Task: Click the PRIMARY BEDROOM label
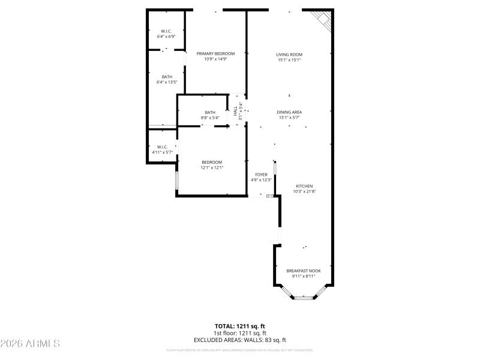[x=215, y=53]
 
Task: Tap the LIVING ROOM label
[x=289, y=54]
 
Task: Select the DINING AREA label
[x=289, y=112]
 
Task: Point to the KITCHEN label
[x=304, y=186]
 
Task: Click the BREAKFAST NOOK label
[x=303, y=271]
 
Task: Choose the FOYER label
[x=261, y=175]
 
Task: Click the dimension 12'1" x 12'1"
[x=212, y=167]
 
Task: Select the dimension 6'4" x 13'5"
[x=167, y=82]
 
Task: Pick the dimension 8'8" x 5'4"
[x=210, y=118]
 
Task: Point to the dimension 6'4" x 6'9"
[x=166, y=37]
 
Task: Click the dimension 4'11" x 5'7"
[x=162, y=152]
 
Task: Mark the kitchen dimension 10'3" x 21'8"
[x=304, y=191]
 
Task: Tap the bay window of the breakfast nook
[x=304, y=296]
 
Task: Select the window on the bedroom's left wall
[x=176, y=180]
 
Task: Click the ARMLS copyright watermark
[x=30, y=344]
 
